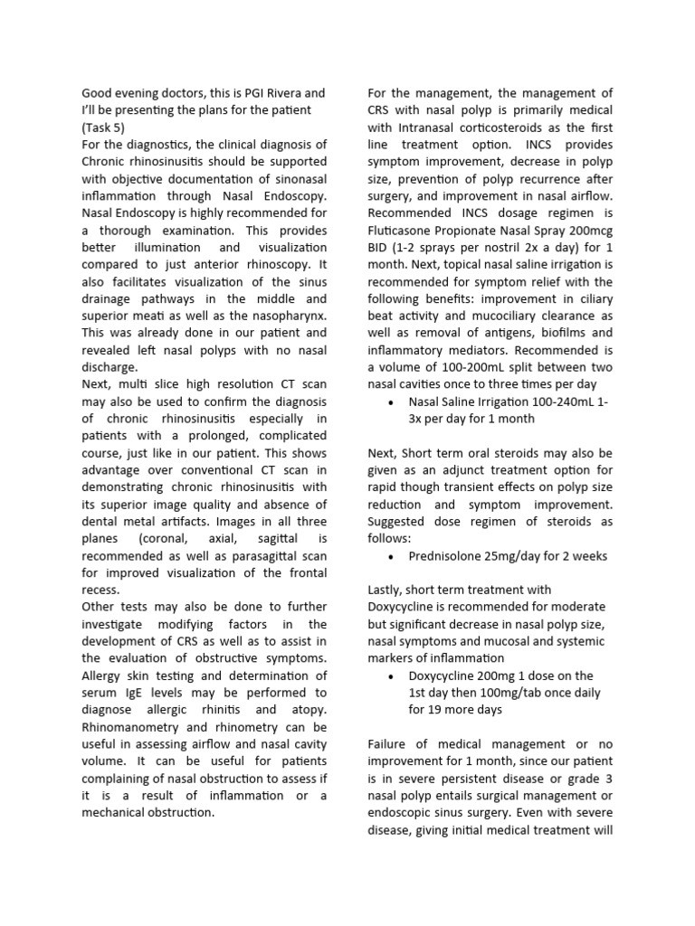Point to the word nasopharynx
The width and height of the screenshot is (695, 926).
pos(287,316)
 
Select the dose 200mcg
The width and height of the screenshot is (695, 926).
pos(588,230)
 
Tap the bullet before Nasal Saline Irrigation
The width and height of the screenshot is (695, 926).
pos(389,402)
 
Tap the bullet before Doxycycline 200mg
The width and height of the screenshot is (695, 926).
pos(389,676)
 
